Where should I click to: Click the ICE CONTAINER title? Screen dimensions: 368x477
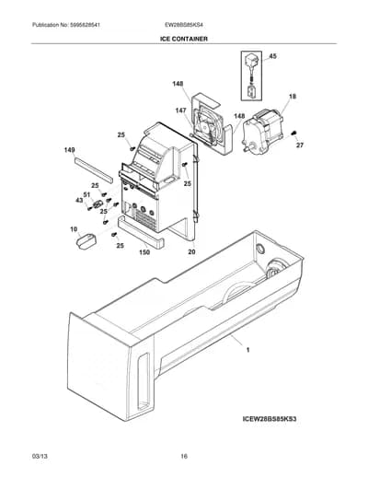click(x=184, y=39)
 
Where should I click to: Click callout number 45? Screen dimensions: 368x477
click(x=272, y=56)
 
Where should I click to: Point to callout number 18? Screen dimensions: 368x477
click(x=293, y=97)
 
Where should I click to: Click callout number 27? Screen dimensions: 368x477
click(x=300, y=145)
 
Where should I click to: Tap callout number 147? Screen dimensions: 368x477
click(x=180, y=111)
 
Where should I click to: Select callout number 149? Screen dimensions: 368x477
click(x=69, y=150)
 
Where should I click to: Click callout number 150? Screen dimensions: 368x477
click(x=144, y=252)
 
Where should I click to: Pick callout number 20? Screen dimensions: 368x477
click(x=191, y=252)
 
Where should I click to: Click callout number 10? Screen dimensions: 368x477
click(x=74, y=229)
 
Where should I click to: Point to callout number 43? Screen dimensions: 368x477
click(x=79, y=200)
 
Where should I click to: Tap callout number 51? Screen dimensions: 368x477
click(x=86, y=194)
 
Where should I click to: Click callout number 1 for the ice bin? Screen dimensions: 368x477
click(x=248, y=350)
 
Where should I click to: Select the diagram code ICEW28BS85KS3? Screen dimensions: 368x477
click(x=270, y=419)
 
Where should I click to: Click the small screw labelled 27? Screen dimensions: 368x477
click(x=293, y=134)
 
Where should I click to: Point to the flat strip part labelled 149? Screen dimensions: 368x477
click(x=93, y=169)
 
